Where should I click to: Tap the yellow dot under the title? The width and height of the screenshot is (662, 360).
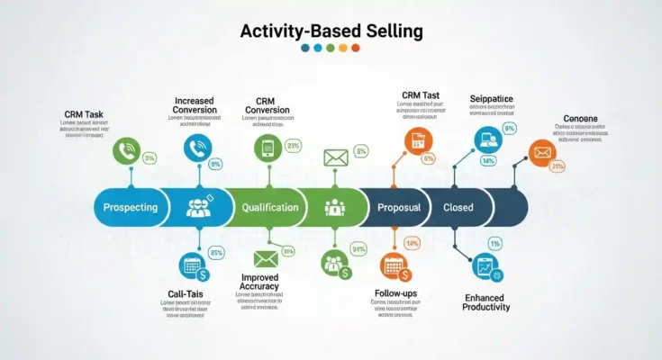coord(342,48)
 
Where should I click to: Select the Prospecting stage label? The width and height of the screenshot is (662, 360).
coord(131,207)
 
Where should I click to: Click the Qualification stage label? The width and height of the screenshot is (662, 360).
coord(269,207)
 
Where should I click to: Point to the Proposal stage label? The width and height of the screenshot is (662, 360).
coord(399,207)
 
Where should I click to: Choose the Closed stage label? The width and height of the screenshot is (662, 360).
coord(458,207)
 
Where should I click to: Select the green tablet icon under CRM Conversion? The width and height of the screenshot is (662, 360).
coord(268,148)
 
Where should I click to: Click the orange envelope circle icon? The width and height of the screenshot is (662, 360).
coord(540,154)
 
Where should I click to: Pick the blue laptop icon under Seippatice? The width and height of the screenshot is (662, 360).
coord(486,139)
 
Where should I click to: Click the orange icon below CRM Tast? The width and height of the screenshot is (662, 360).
coord(418,139)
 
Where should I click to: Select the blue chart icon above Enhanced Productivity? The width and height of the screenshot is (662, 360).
coord(485,266)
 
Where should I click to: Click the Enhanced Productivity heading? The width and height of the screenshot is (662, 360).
coord(487,301)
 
